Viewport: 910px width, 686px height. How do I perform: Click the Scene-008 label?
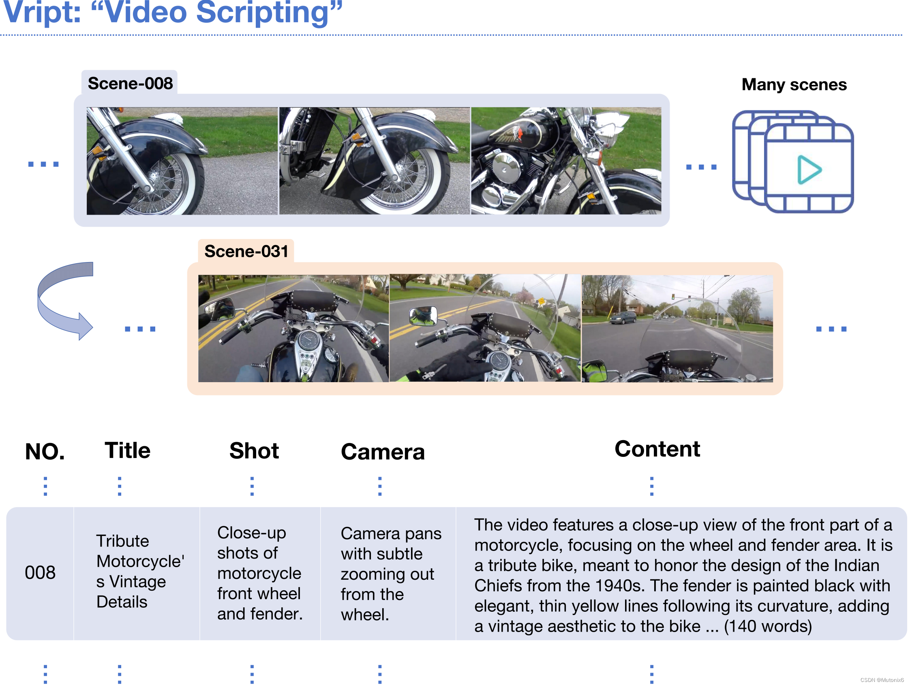130,84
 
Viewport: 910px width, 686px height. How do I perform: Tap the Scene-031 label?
246,251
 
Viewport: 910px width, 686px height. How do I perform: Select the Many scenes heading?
794,84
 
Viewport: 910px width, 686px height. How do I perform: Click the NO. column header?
45,451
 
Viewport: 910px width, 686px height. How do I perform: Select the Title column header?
128,450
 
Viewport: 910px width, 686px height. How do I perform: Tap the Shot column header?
254,450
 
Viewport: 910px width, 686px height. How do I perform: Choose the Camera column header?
383,452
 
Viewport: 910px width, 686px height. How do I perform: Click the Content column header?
657,448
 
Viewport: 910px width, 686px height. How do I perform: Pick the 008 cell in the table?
40,572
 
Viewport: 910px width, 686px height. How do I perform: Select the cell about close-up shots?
260,573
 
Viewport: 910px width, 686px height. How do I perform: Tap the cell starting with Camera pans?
391,574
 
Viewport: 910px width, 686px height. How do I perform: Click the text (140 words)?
768,626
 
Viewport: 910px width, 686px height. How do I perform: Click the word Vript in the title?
41,12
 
